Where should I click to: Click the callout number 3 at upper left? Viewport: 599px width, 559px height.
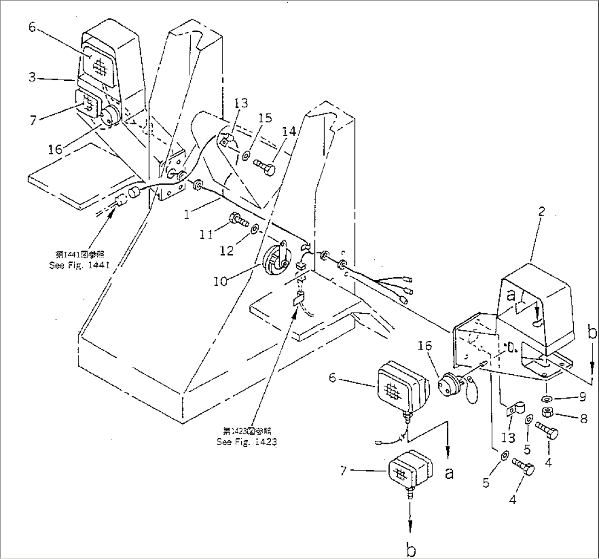click(33, 78)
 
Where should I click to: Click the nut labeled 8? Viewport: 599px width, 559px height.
click(548, 413)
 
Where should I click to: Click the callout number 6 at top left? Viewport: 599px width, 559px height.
click(32, 27)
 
